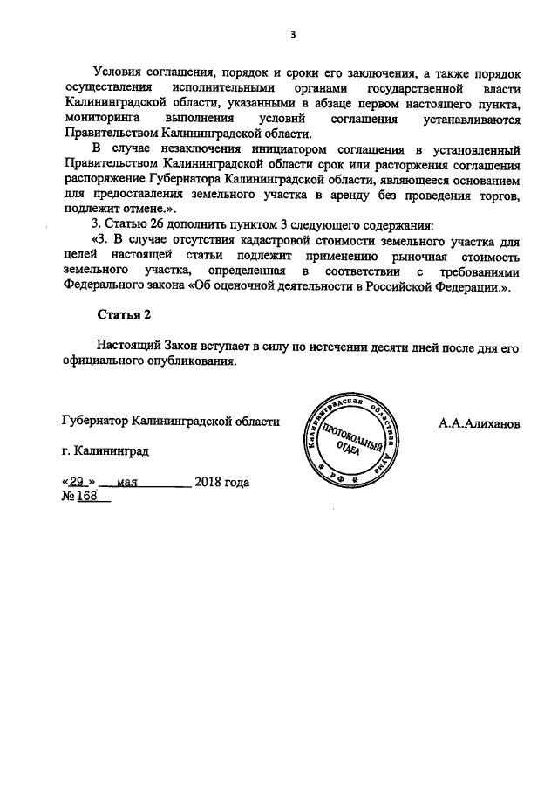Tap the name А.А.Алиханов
[479, 422]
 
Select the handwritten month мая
[129, 481]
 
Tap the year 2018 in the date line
[210, 481]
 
